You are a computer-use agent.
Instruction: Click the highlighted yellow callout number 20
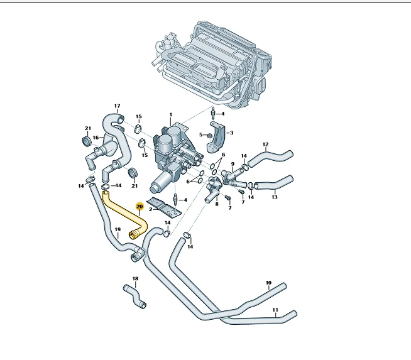140,207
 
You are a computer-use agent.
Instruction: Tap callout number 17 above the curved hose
117,106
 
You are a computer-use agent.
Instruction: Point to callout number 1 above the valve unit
171,115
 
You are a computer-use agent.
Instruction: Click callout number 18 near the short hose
135,278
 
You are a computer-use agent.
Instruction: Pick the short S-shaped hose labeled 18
134,296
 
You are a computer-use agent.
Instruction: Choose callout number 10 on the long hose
268,283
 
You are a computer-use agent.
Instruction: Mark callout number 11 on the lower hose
275,310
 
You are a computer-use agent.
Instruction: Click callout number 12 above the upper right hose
266,145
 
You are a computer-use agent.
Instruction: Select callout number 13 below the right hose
274,197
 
